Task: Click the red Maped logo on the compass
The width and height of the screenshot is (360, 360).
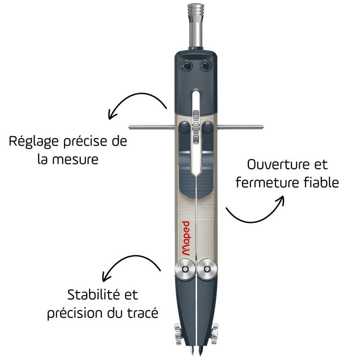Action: pyautogui.click(x=186, y=238)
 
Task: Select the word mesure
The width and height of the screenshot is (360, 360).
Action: pyautogui.click(x=75, y=160)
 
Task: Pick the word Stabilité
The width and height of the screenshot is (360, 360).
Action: pyautogui.click(x=94, y=295)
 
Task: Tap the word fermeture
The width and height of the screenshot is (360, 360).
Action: pyautogui.click(x=267, y=183)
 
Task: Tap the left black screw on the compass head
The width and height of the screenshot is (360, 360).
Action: pyautogui.click(x=187, y=66)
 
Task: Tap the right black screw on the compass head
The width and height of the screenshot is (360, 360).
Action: pyautogui.click(x=205, y=66)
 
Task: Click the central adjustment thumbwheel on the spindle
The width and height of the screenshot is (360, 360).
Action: pyautogui.click(x=196, y=127)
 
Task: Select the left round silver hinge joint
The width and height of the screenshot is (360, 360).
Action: pyautogui.click(x=185, y=269)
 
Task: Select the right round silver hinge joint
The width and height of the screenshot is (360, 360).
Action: pyautogui.click(x=207, y=269)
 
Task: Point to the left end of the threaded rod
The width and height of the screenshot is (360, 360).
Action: pyautogui.click(x=130, y=127)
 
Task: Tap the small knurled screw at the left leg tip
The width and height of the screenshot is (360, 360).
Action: pyautogui.click(x=177, y=334)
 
